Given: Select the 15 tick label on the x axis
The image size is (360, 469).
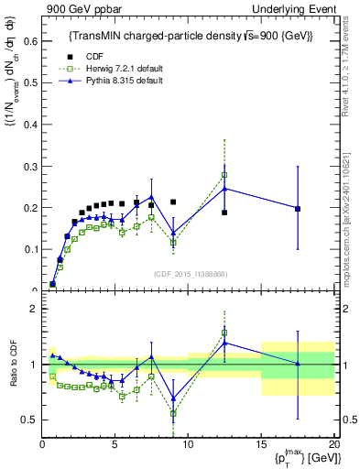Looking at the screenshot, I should coord(261,443).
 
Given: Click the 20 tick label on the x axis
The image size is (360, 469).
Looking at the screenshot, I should coord(333,443).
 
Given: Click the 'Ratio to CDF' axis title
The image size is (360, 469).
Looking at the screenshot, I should coord(13,365).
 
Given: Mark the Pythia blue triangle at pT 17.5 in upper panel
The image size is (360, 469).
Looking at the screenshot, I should coord(298,208).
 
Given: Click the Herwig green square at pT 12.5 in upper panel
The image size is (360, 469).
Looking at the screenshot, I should coord(224,174).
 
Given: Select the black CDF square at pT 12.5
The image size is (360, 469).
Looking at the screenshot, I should coord(224,213).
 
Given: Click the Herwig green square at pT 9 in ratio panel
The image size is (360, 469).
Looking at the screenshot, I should coord(173,413).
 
